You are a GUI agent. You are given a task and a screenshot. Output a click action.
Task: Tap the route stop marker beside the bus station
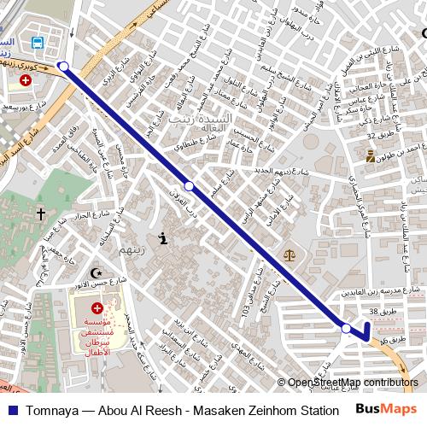(x=63, y=65)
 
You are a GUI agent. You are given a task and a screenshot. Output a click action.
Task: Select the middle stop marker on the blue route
(x=190, y=185)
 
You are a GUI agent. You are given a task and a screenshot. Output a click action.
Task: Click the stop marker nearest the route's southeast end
(x=346, y=328)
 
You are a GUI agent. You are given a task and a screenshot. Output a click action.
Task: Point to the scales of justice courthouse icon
(x=289, y=254)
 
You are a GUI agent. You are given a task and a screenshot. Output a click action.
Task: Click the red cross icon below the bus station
(x=26, y=80)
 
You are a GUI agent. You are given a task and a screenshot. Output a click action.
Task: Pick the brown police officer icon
(x=370, y=156)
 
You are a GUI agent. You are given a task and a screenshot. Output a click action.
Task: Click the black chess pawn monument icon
(x=162, y=240)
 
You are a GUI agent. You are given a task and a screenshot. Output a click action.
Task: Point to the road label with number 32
(x=376, y=136)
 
